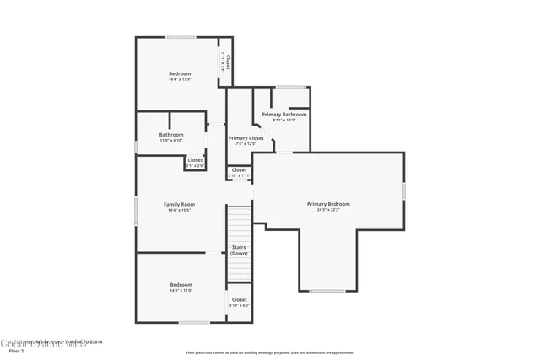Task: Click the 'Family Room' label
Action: point(179,204)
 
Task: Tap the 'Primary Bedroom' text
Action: point(328,204)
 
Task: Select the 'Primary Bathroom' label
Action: point(283,114)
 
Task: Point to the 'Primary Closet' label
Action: point(246,138)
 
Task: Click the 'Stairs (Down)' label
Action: point(239,250)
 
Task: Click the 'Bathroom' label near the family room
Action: point(171,134)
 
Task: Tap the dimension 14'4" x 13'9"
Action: point(180,80)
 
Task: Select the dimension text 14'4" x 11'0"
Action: point(181,291)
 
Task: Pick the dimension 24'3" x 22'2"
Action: point(328,210)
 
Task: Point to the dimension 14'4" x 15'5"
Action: point(179,210)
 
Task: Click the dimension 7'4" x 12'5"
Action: point(246,144)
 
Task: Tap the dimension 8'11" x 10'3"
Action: point(283,120)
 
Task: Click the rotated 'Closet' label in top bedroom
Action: point(229,62)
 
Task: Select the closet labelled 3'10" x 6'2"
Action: point(239,302)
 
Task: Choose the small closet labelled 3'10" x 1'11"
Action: point(239,173)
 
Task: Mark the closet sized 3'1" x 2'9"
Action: point(195,162)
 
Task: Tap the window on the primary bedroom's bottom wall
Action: point(327,291)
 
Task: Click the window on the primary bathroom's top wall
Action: point(291,87)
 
